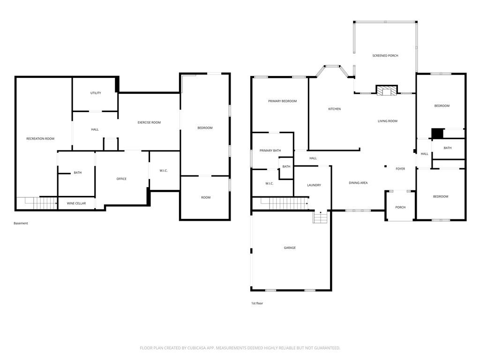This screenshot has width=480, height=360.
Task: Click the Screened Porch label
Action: tap(385, 56)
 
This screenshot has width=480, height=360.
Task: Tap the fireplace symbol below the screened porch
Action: tap(387, 90)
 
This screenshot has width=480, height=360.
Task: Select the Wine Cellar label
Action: tap(76, 203)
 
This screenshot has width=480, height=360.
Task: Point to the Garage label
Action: tap(289, 248)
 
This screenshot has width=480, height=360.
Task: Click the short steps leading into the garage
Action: tap(320, 218)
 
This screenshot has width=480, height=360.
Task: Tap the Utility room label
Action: tap(96, 93)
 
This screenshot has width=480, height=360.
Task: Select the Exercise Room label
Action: tap(149, 123)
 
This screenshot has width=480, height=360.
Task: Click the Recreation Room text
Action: tap(40, 139)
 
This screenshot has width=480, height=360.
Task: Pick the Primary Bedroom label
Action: tap(282, 101)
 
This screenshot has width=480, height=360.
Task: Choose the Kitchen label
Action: tap(334, 109)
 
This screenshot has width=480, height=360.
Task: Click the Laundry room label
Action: tap(314, 185)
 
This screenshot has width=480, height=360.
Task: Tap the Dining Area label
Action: tap(358, 183)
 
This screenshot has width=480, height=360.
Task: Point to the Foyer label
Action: tap(400, 169)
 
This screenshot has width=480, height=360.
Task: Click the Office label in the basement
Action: tap(121, 179)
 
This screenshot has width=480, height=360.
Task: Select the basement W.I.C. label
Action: tap(164, 171)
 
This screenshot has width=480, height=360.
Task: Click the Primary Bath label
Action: tap(270, 150)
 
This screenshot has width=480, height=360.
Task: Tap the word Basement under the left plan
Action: tap(21, 224)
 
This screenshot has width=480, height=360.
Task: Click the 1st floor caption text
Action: tap(257, 304)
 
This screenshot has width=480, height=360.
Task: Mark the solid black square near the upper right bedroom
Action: tap(437, 134)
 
